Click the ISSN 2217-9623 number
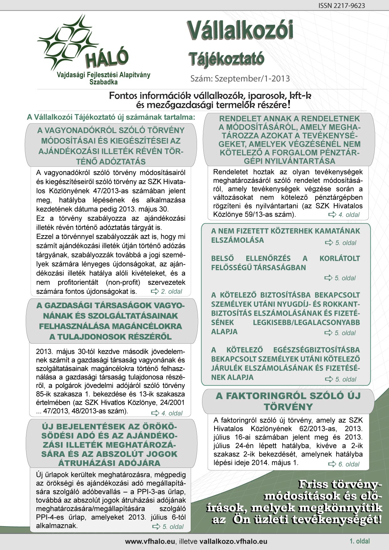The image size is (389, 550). [x=342, y=6]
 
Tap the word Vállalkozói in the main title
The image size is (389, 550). [x=240, y=31]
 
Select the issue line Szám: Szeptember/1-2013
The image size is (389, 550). [x=240, y=78]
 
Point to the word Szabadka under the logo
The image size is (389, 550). [x=104, y=82]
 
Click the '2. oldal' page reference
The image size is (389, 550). [x=171, y=292]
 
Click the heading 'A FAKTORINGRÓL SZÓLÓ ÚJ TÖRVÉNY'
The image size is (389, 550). [x=288, y=401]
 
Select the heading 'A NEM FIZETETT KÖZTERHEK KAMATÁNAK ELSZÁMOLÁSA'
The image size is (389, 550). [x=285, y=235]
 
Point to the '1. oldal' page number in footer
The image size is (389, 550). [x=360, y=541]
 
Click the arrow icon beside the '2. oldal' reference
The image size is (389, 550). [x=155, y=292]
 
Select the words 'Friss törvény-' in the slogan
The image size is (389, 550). [x=340, y=484]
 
